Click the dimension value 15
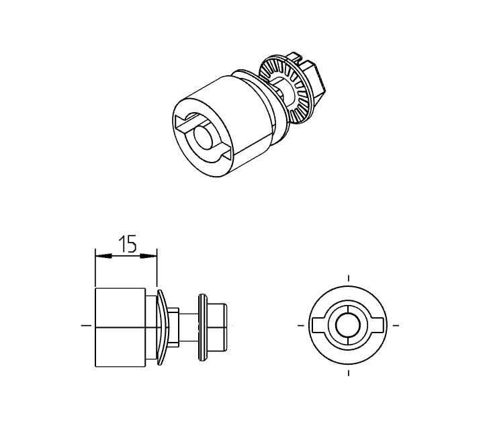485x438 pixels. click(127, 245)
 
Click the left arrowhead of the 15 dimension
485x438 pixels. click(98, 255)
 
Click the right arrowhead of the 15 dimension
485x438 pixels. click(153, 255)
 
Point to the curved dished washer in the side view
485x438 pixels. click(163, 326)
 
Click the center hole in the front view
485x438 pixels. click(348, 325)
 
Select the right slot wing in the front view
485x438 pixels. click(376, 325)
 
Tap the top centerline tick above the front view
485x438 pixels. click(348, 278)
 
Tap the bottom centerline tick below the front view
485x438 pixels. click(348, 372)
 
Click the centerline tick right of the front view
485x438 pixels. click(396, 325)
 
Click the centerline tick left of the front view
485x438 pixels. click(300, 325)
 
